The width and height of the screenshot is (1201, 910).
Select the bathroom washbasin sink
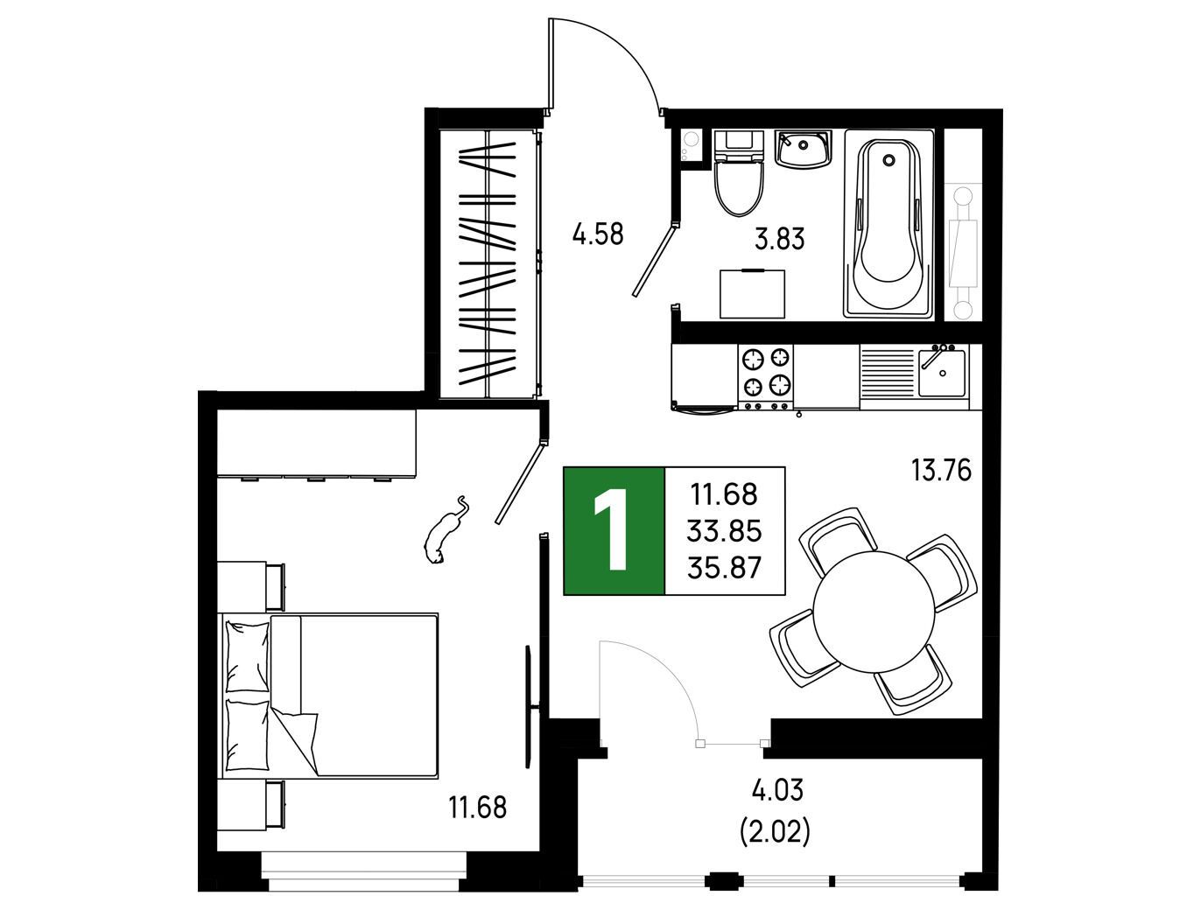coord(803,148)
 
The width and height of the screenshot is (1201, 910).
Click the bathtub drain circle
coord(888,159)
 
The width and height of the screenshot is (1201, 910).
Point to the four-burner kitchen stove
coord(765,376)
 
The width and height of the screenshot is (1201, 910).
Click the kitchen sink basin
coord(941,373)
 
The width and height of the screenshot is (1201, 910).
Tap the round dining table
coord(874,612)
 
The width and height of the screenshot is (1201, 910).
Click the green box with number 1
coord(614,530)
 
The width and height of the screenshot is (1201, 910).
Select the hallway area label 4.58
coord(598,234)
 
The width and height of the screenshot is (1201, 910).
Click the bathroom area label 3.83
coord(779,239)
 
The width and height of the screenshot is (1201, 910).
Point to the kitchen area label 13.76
coord(940,470)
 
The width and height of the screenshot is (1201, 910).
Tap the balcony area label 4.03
coord(777,791)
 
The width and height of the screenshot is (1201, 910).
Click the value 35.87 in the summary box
coord(725,568)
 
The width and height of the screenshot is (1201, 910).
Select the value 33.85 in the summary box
coord(725,530)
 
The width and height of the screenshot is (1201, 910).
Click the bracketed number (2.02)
coord(775,832)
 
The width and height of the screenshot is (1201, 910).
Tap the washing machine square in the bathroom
coord(752,294)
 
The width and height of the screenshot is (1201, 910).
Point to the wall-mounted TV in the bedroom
coord(529,707)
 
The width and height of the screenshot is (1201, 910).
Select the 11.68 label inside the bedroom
coord(478,808)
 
